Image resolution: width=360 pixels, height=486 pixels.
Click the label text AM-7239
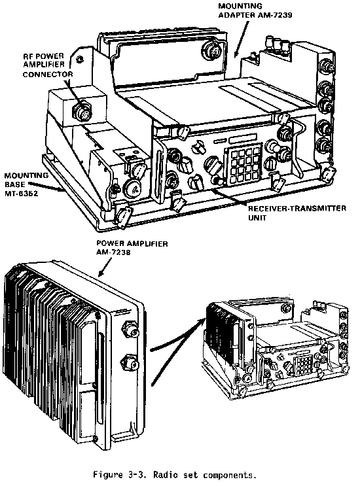point(274,15)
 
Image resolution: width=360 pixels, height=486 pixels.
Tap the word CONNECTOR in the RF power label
point(48,75)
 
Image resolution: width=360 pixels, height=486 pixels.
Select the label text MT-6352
point(21,194)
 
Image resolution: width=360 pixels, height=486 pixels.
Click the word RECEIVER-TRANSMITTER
point(297,208)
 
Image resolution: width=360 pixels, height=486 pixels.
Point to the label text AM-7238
point(113,252)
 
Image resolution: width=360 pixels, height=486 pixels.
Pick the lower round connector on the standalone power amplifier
point(130,362)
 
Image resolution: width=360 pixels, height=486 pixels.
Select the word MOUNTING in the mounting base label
point(26,176)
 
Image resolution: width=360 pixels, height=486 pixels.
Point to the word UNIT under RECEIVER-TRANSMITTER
point(257,218)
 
